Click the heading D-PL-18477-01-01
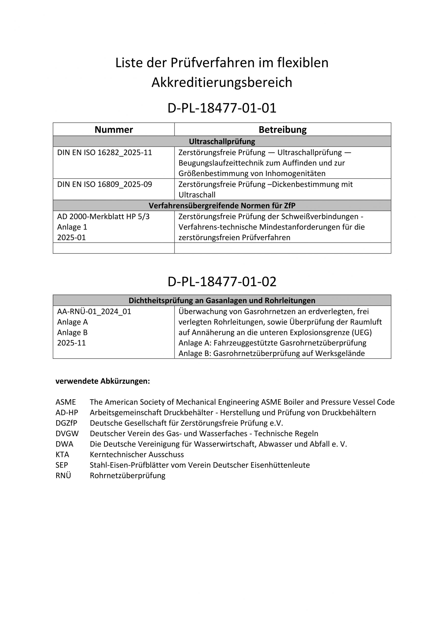click(222, 108)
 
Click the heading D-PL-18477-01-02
click(222, 282)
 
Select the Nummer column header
click(114, 129)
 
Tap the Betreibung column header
click(283, 129)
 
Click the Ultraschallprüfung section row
click(222, 142)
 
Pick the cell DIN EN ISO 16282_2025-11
click(104, 153)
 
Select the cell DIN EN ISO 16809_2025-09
click(104, 184)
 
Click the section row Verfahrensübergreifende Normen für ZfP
click(222, 205)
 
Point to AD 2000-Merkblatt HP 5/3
click(104, 217)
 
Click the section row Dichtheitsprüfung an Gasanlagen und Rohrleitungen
click(222, 300)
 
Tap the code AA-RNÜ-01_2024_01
click(94, 312)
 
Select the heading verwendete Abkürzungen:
click(103, 381)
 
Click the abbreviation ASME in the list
click(66, 402)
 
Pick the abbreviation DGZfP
click(66, 423)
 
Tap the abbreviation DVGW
click(67, 434)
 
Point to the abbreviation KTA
click(62, 455)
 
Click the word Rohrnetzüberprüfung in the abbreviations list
click(128, 476)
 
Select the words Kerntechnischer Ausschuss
click(137, 455)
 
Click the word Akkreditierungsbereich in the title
click(222, 82)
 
